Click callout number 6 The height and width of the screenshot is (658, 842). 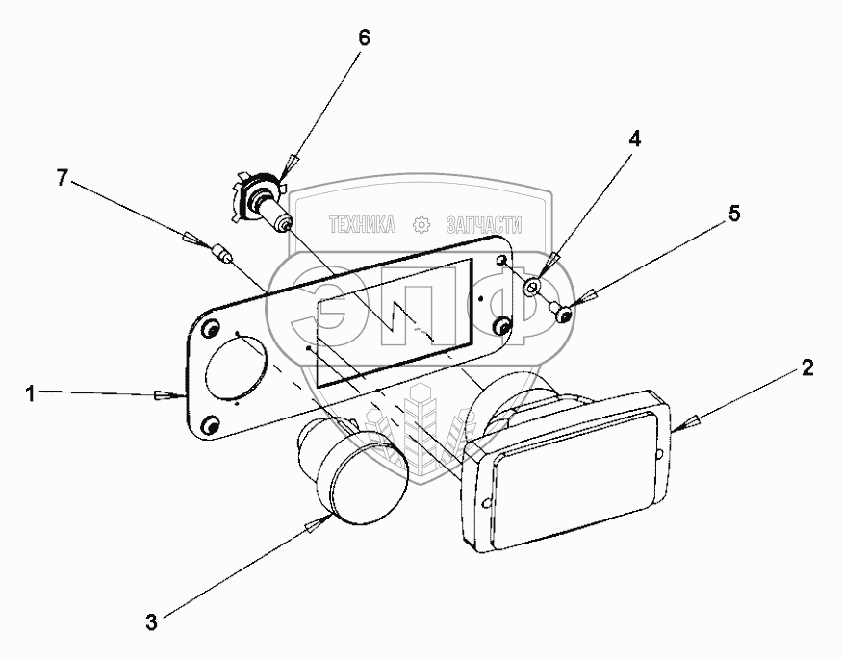pyautogui.click(x=363, y=38)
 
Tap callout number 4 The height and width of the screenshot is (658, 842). pyautogui.click(x=634, y=138)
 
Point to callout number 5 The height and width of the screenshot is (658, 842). pyautogui.click(x=734, y=215)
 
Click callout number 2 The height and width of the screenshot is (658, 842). pyautogui.click(x=807, y=367)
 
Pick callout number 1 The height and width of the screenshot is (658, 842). pyautogui.click(x=32, y=392)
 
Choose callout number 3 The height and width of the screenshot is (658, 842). pyautogui.click(x=151, y=622)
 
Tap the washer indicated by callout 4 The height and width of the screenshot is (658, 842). pyautogui.click(x=532, y=287)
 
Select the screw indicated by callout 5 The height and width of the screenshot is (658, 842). pyautogui.click(x=562, y=310)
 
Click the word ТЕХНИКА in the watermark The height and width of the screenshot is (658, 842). pyautogui.click(x=362, y=225)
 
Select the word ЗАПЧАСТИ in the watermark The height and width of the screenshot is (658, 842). pyautogui.click(x=484, y=225)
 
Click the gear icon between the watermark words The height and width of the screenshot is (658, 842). pyautogui.click(x=421, y=225)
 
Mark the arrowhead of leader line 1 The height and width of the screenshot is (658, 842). pyautogui.click(x=167, y=394)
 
